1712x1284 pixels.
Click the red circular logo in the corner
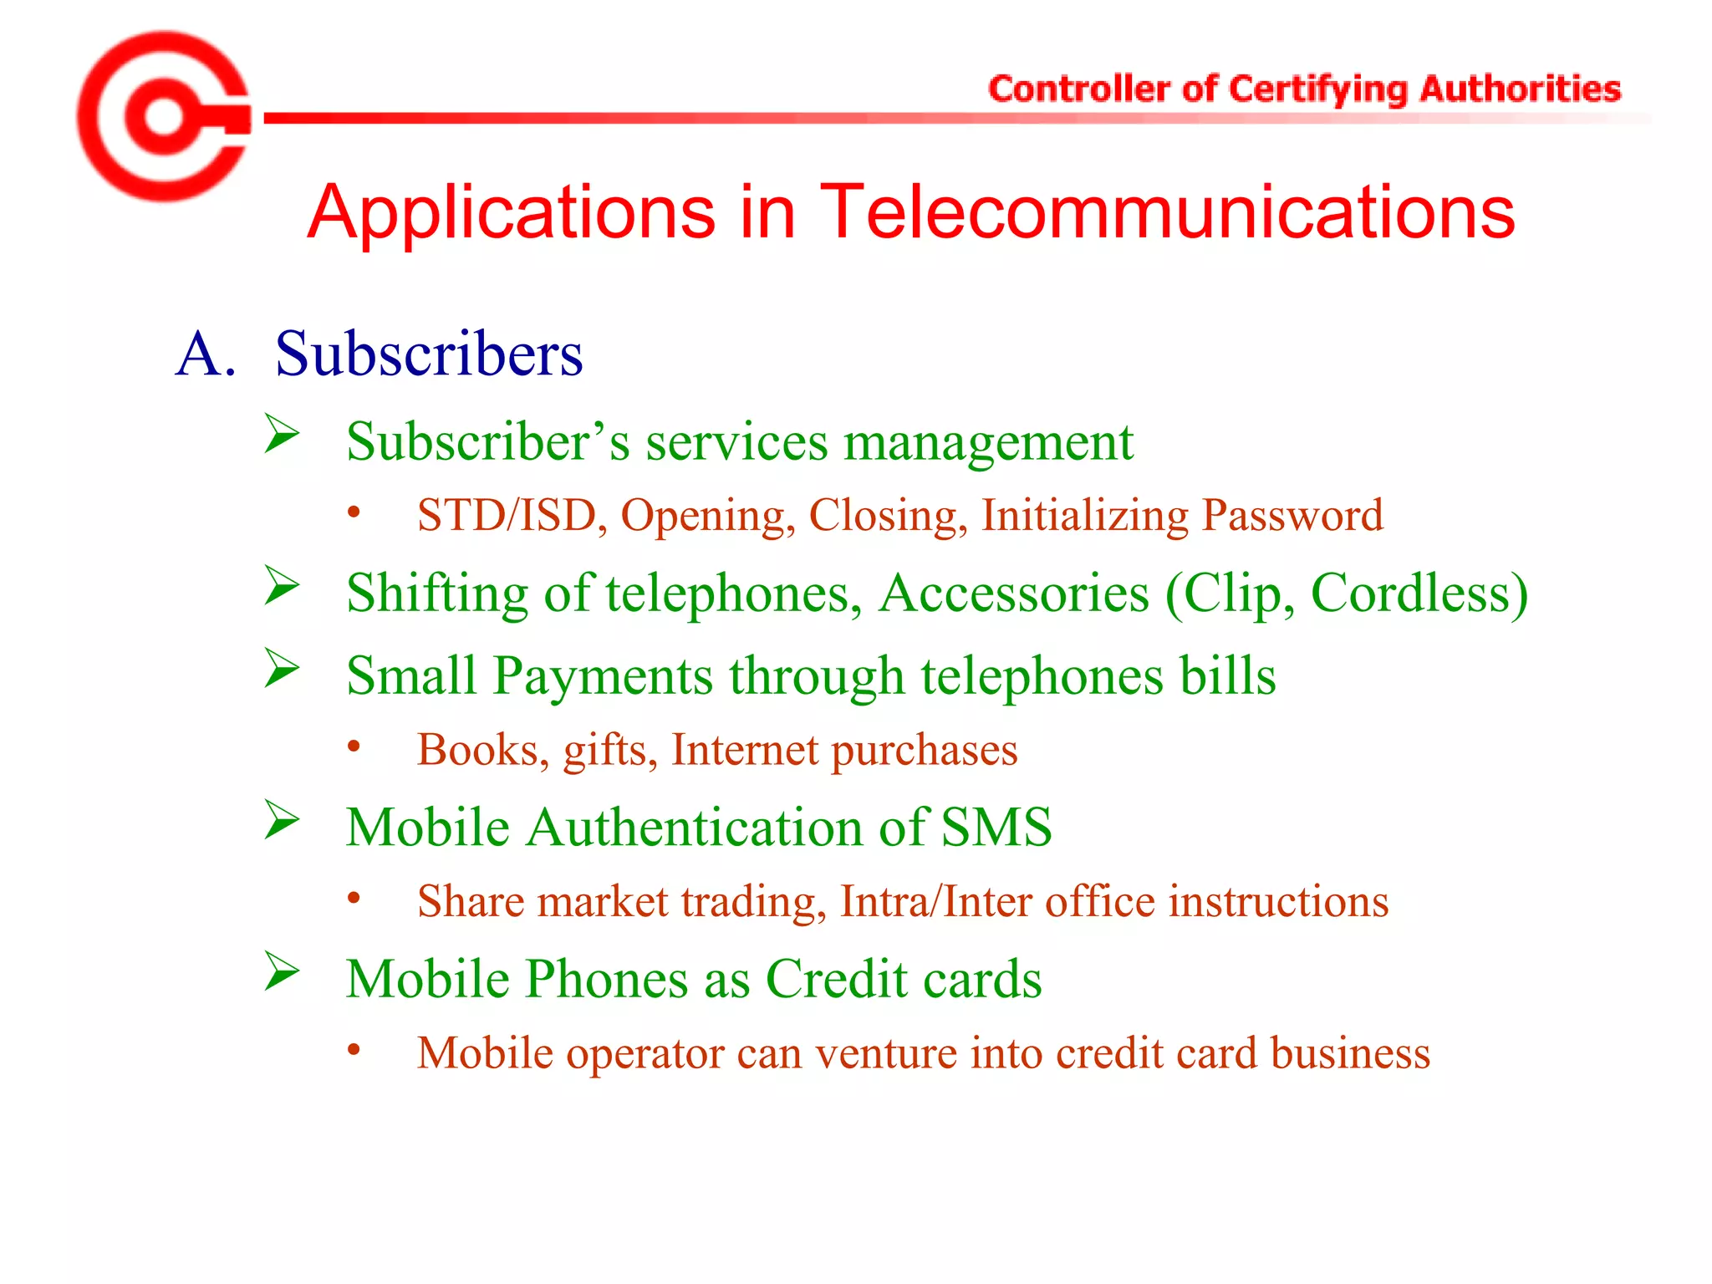pyautogui.click(x=164, y=117)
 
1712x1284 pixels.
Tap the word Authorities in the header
pyautogui.click(x=1520, y=89)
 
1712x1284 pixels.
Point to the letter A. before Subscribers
pyautogui.click(x=205, y=354)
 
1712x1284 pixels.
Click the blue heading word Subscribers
pyautogui.click(x=429, y=354)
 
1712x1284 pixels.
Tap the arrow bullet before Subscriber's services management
pyautogui.click(x=282, y=434)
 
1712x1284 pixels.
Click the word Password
pyautogui.click(x=1292, y=516)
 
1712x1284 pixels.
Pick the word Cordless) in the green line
pyautogui.click(x=1419, y=594)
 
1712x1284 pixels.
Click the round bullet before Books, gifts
pyautogui.click(x=354, y=746)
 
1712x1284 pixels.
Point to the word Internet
pyautogui.click(x=744, y=750)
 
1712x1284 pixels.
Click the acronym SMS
pyautogui.click(x=996, y=828)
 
